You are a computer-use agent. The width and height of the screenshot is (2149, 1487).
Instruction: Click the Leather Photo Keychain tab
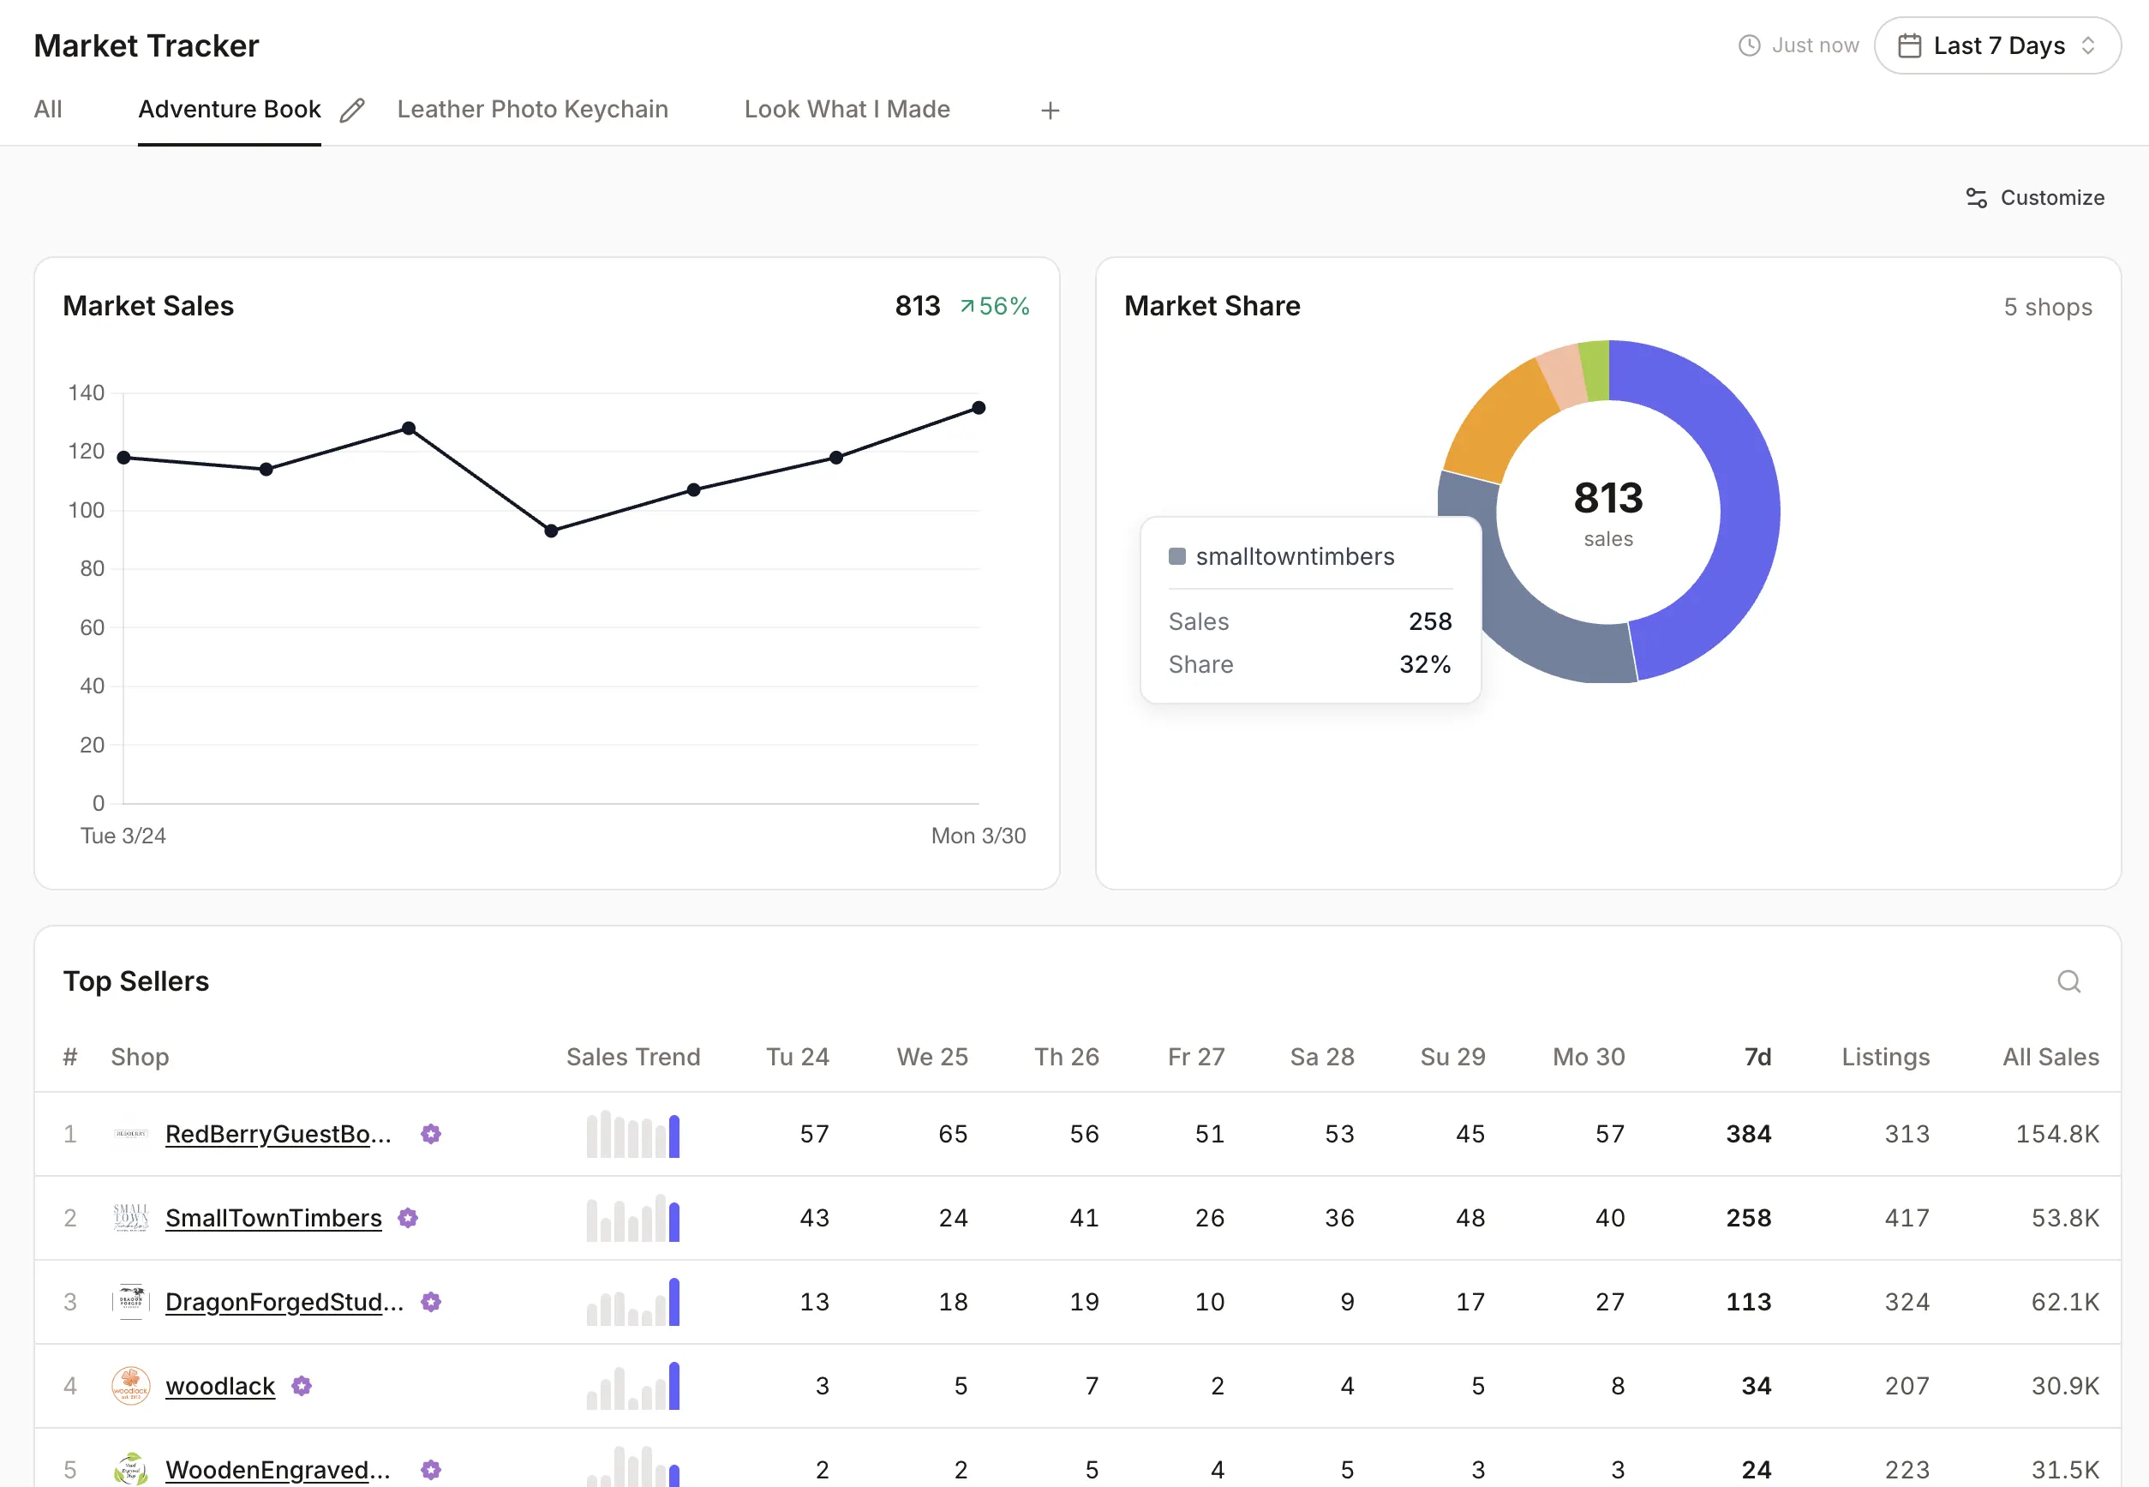(532, 109)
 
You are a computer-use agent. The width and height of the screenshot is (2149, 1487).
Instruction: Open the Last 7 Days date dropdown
(1996, 45)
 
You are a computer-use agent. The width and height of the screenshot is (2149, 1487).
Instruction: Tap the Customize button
(2034, 197)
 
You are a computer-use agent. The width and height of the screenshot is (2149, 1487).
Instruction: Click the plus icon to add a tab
(1050, 111)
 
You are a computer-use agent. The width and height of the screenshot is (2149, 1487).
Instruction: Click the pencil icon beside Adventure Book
(352, 111)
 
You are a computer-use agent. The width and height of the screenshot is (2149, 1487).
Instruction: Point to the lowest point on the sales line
(550, 531)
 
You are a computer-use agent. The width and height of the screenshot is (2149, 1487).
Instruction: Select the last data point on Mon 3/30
(978, 408)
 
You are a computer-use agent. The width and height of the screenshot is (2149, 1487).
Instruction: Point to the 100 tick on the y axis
(86, 510)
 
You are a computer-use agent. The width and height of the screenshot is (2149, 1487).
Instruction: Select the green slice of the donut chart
(1595, 371)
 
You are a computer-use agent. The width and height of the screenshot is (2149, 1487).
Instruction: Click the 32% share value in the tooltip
(1424, 664)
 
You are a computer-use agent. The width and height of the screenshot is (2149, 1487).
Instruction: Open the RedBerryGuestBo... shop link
(278, 1134)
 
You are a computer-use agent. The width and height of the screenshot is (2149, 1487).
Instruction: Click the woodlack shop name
(220, 1386)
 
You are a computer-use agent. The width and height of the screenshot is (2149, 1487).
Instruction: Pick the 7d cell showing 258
(1747, 1218)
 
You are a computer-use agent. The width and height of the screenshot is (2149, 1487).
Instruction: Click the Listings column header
(1884, 1057)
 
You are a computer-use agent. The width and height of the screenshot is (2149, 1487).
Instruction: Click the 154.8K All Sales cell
(2056, 1134)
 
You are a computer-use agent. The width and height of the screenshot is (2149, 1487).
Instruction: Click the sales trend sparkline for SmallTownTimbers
(632, 1218)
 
